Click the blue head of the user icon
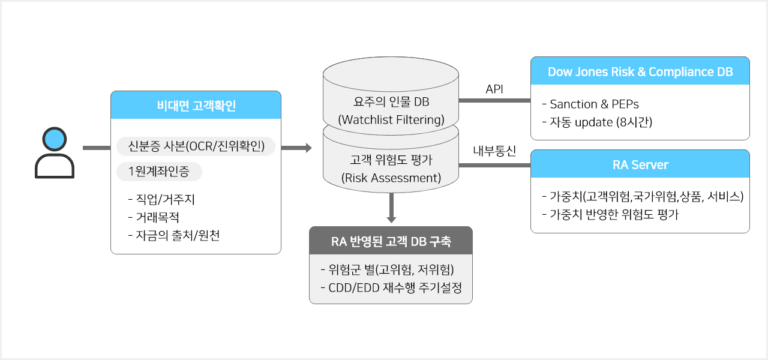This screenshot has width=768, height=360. click(x=55, y=139)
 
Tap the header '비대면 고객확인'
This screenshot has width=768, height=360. click(x=196, y=106)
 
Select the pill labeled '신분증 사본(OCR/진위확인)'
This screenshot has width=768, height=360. click(x=196, y=146)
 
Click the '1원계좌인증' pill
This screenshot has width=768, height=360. click(x=159, y=172)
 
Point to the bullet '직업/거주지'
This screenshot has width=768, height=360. click(x=161, y=199)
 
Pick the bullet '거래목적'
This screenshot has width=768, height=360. click(x=154, y=217)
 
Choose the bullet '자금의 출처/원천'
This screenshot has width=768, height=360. click(x=174, y=235)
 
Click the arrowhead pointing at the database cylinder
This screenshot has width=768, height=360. click(x=308, y=148)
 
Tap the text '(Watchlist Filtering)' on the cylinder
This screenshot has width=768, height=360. click(x=391, y=119)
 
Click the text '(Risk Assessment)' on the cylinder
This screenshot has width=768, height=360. click(x=391, y=178)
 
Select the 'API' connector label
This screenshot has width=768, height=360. click(x=494, y=89)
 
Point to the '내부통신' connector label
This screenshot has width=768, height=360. click(x=494, y=151)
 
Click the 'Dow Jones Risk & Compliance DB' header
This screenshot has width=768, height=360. click(x=640, y=71)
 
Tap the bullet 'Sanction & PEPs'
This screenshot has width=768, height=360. click(x=590, y=104)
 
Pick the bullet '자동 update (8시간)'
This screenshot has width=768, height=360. click(x=597, y=122)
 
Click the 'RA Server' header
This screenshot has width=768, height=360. click(x=640, y=164)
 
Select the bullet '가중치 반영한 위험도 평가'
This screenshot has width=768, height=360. click(x=610, y=215)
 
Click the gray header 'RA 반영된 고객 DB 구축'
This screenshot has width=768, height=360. click(x=391, y=241)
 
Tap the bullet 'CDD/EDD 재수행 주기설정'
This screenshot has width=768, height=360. click(x=391, y=287)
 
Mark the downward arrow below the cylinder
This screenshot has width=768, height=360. click(x=391, y=208)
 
